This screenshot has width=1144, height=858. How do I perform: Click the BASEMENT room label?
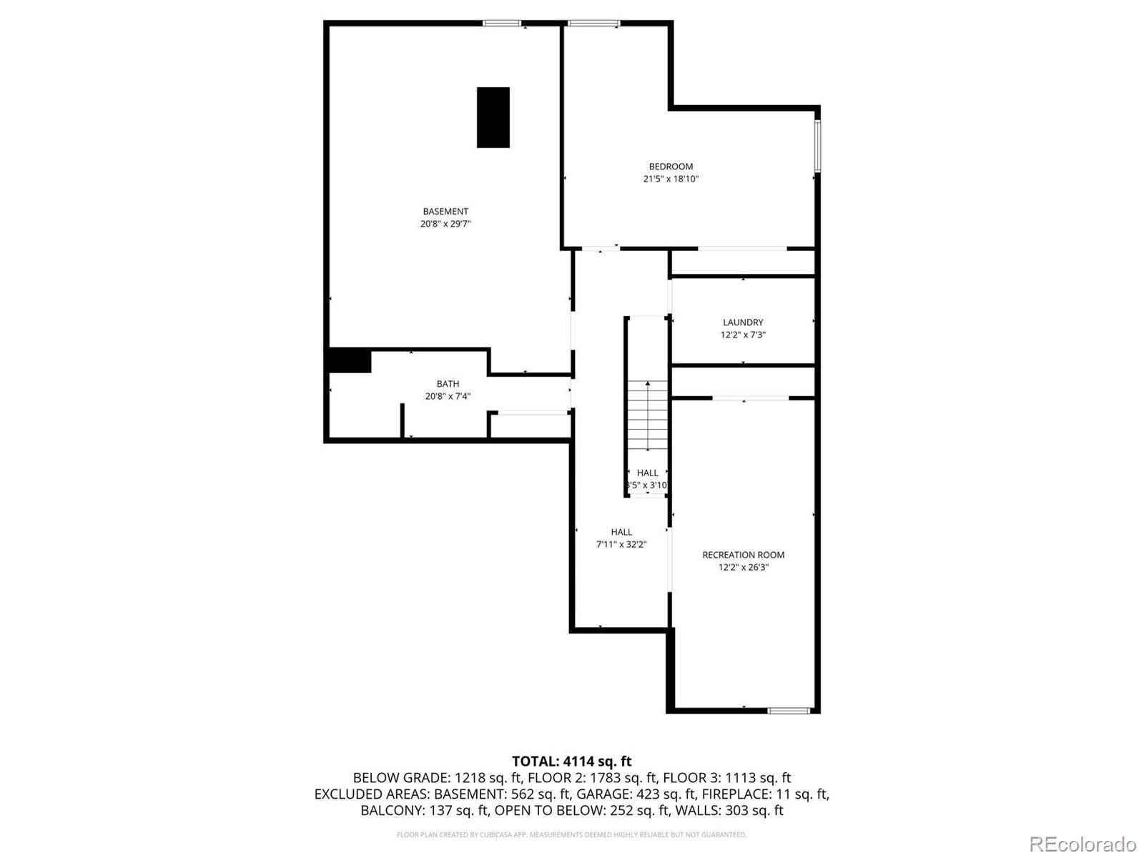pyautogui.click(x=445, y=211)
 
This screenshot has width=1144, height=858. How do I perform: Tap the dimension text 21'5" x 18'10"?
pyautogui.click(x=670, y=179)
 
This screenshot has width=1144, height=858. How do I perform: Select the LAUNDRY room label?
pyautogui.click(x=743, y=322)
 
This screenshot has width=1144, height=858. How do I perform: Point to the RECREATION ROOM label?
pyautogui.click(x=743, y=555)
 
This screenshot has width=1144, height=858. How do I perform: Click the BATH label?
pyautogui.click(x=448, y=384)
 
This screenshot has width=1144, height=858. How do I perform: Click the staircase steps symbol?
pyautogui.click(x=648, y=415)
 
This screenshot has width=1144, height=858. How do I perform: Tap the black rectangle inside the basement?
pyautogui.click(x=493, y=117)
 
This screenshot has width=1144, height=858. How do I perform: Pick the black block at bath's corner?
pyautogui.click(x=349, y=360)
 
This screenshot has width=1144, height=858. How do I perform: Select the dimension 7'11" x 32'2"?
pyautogui.click(x=621, y=544)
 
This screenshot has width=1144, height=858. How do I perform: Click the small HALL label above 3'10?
pyautogui.click(x=647, y=473)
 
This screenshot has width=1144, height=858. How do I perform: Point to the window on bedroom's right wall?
pyautogui.click(x=817, y=146)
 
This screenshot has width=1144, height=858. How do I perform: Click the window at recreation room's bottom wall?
pyautogui.click(x=789, y=710)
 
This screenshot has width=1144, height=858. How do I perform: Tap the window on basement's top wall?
pyautogui.click(x=502, y=24)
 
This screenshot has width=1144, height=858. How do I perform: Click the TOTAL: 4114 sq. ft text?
pyautogui.click(x=571, y=761)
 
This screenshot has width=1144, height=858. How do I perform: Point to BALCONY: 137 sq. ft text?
pyautogui.click(x=424, y=810)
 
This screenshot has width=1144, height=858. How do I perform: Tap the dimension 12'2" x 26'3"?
pyautogui.click(x=743, y=568)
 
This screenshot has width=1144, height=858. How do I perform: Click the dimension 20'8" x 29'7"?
pyautogui.click(x=445, y=224)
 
